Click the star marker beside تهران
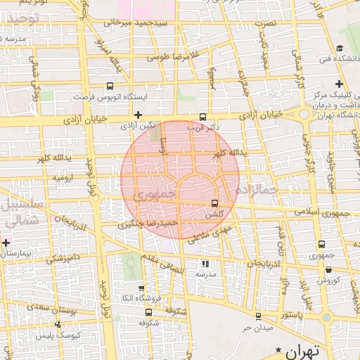coord(280,349)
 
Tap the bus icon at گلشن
coord(214,203)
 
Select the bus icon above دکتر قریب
coord(203,117)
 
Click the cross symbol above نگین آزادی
coord(138,115)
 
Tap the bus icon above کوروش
coord(321,244)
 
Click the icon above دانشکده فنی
coord(340,49)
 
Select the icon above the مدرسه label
coord(205,264)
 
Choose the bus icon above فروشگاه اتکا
coord(141,288)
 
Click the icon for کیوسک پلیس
coord(58,324)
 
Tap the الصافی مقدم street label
coord(166,262)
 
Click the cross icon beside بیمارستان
coord(6,243)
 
